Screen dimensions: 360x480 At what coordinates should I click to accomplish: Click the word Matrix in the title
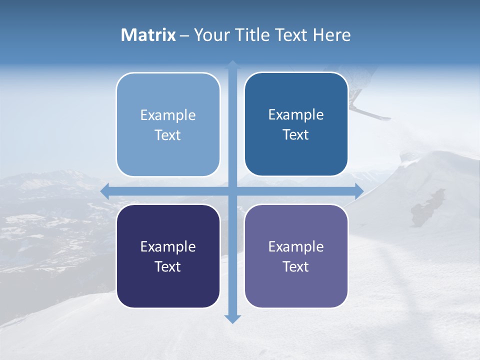click(x=148, y=35)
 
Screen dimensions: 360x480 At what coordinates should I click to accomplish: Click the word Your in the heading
click(x=210, y=35)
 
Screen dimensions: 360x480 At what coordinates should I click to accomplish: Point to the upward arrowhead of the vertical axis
click(x=232, y=65)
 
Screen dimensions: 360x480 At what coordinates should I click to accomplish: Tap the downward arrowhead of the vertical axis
click(x=232, y=318)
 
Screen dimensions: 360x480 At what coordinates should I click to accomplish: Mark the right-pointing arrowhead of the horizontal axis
click(x=358, y=191)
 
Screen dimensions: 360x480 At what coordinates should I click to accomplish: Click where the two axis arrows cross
click(x=232, y=191)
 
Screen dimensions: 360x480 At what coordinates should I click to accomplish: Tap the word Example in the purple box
click(x=296, y=246)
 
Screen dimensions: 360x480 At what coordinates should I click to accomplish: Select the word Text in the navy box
click(x=168, y=266)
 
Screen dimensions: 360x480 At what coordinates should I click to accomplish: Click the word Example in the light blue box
click(x=168, y=115)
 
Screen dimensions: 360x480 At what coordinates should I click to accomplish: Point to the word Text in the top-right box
click(x=296, y=134)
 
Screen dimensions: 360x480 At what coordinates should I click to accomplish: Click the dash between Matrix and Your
click(x=185, y=35)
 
